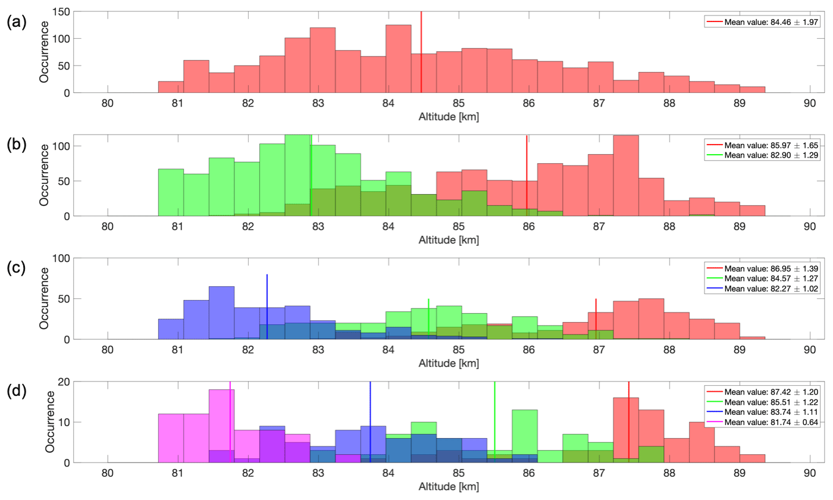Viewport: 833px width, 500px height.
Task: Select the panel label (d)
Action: tap(15, 392)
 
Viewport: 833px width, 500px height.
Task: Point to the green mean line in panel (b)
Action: tap(311, 179)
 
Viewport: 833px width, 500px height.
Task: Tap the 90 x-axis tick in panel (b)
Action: tap(809, 226)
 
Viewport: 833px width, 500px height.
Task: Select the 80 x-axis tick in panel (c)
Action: tap(108, 349)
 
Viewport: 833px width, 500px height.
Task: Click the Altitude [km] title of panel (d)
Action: tap(449, 486)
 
